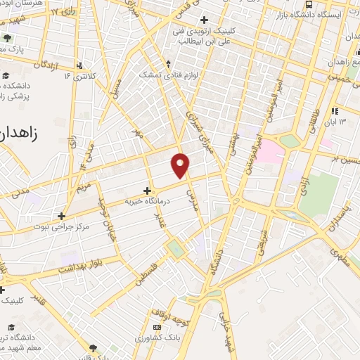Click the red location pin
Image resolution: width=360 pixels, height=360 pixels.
point(181,165)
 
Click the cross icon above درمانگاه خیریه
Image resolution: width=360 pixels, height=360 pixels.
point(147,190)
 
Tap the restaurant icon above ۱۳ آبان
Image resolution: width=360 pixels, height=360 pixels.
point(335,110)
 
